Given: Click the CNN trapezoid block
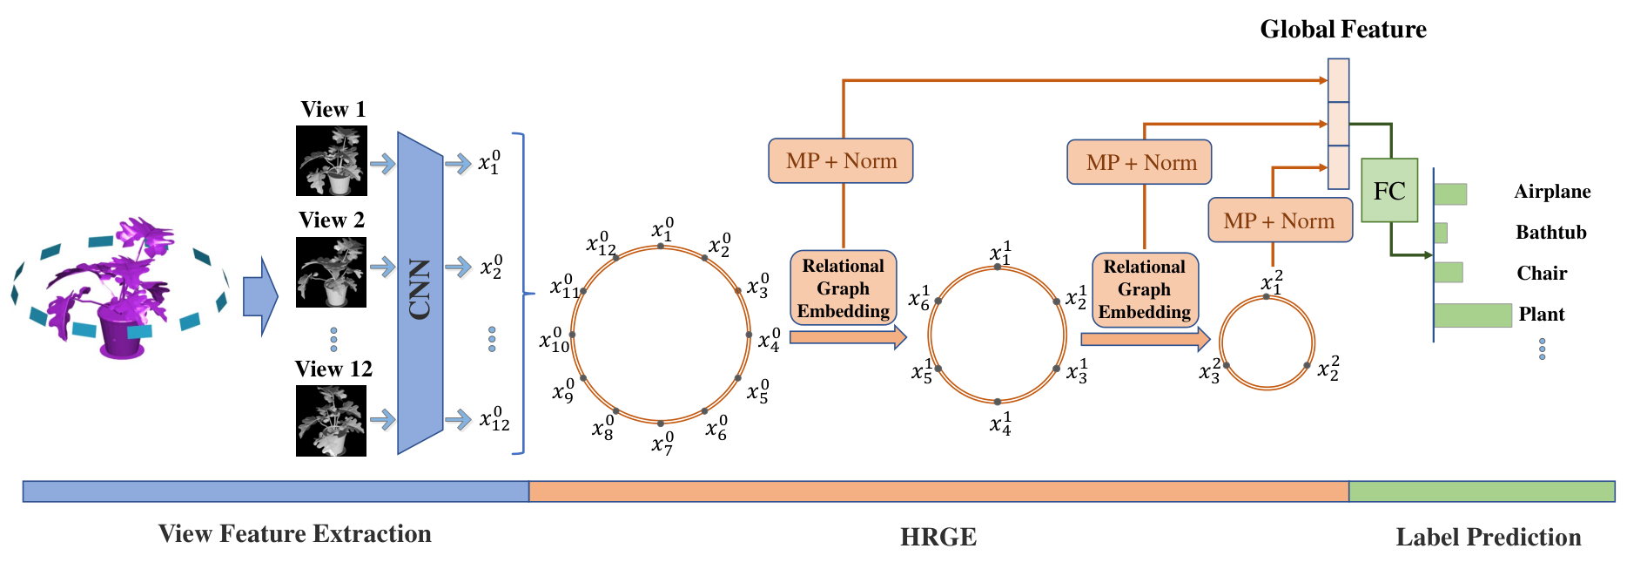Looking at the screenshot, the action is [x=420, y=293].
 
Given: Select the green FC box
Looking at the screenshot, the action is [x=1389, y=190].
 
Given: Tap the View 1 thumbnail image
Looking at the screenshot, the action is [x=332, y=161].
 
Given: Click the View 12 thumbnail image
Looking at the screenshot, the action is [x=332, y=421].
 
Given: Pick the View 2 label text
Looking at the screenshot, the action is [x=332, y=220].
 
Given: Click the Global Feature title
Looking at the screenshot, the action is [x=1343, y=30].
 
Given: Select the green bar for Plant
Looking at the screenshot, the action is [x=1473, y=315].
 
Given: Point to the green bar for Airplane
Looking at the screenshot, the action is [x=1450, y=193].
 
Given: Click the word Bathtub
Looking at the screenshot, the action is [x=1551, y=233].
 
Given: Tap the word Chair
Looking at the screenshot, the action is [x=1542, y=274].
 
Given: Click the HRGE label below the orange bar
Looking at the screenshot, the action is [x=938, y=537].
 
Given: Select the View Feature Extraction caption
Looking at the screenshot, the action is [x=295, y=533].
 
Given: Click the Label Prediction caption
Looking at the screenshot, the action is [x=1489, y=537].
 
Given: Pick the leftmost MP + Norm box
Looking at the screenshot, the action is [x=841, y=160].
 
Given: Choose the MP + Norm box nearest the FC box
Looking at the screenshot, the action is [x=1280, y=220].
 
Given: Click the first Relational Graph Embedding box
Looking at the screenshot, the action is [x=843, y=288].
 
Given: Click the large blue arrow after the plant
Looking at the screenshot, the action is [x=260, y=296].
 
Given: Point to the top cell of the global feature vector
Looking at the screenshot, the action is [x=1338, y=80].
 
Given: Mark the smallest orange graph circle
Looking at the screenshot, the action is [x=1267, y=297].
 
